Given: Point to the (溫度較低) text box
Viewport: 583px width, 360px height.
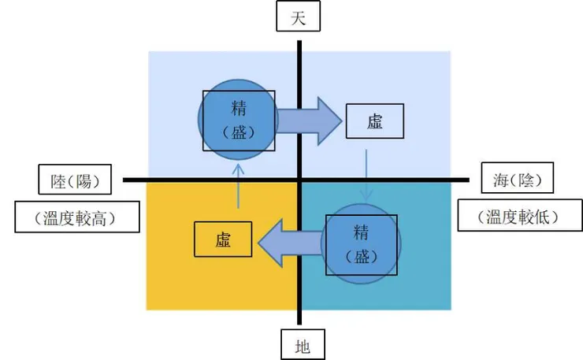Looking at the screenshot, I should [519, 217].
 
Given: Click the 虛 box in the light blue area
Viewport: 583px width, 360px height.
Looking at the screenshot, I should [374, 122].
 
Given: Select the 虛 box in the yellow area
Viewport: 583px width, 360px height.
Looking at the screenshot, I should [223, 239].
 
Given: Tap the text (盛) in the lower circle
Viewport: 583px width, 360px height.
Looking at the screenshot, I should [362, 257].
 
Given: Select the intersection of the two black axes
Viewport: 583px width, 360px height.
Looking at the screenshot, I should [299, 180].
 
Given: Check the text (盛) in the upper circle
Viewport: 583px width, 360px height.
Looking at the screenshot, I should [240, 131].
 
